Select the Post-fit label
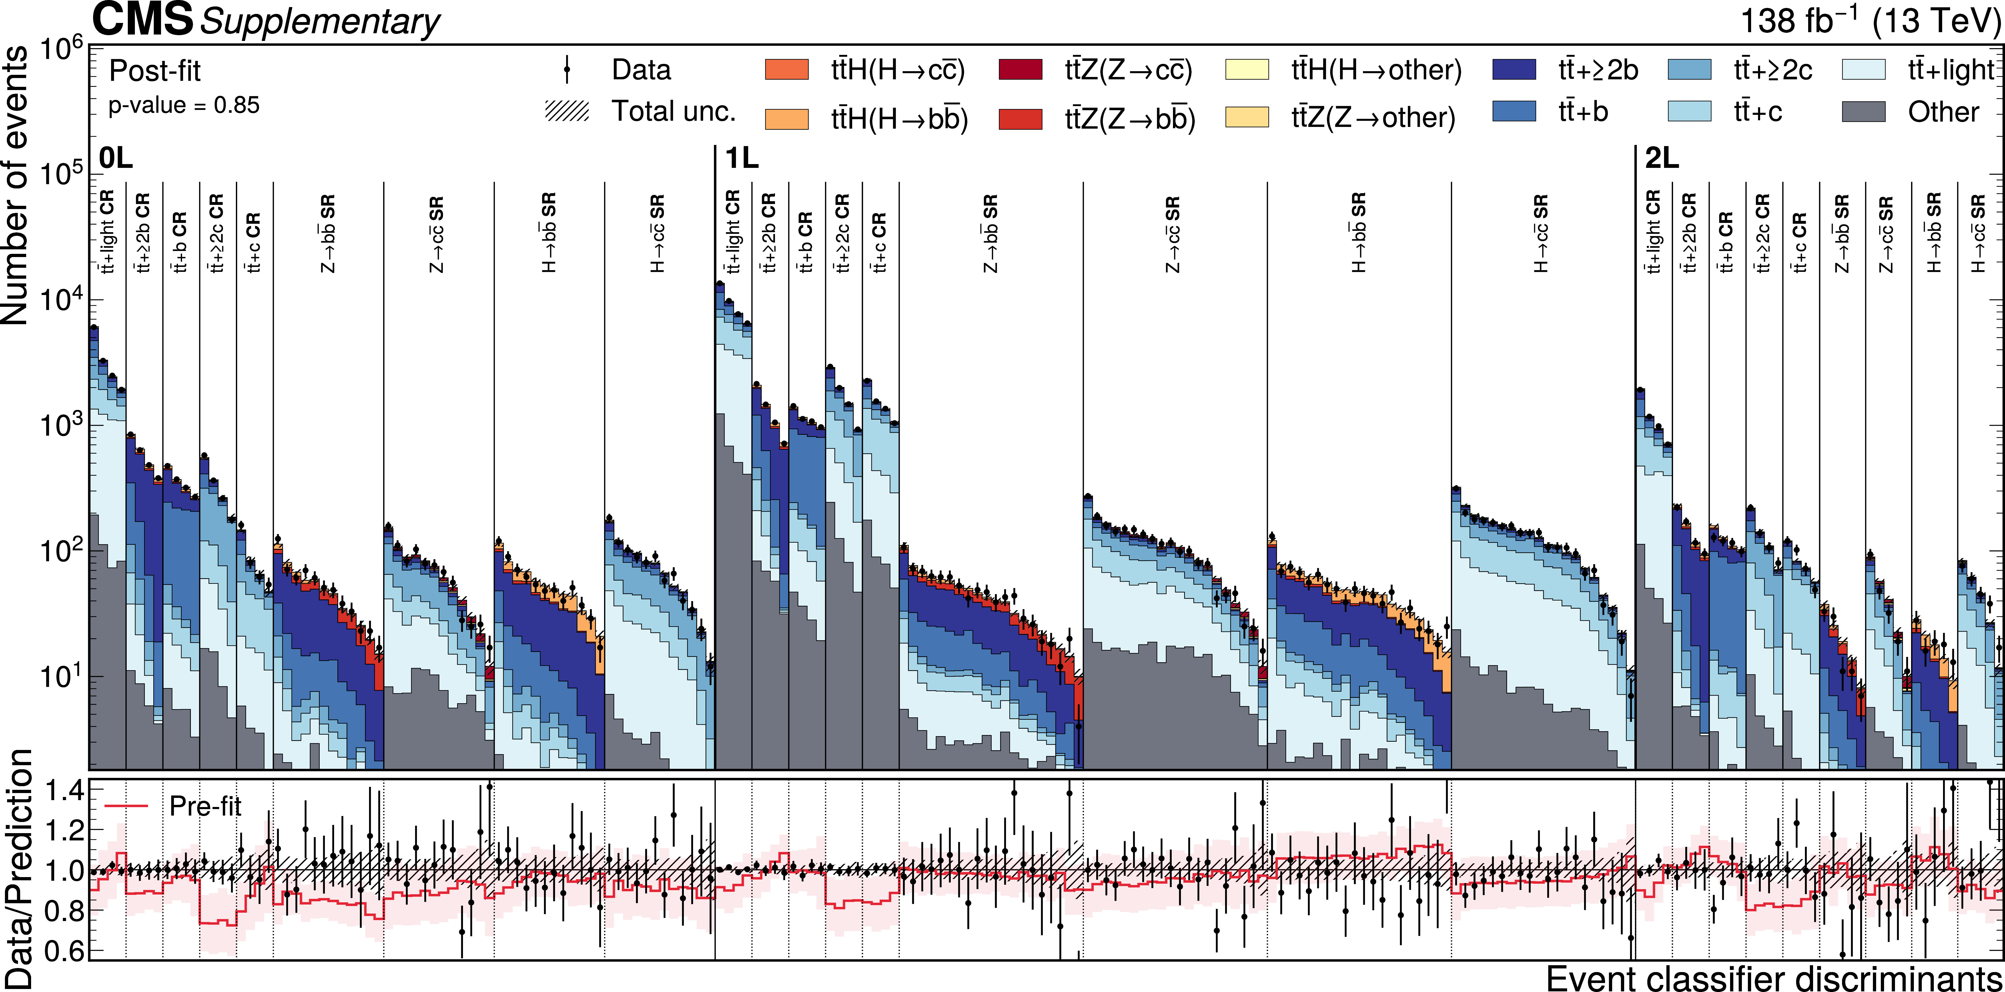pos(155,71)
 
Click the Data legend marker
pos(567,70)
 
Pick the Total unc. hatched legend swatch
pos(567,111)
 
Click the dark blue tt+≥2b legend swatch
pos(1514,70)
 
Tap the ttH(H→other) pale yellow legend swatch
pos(1247,70)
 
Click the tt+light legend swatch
pos(1864,70)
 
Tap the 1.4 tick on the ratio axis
pos(64,791)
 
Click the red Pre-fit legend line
pos(126,806)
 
